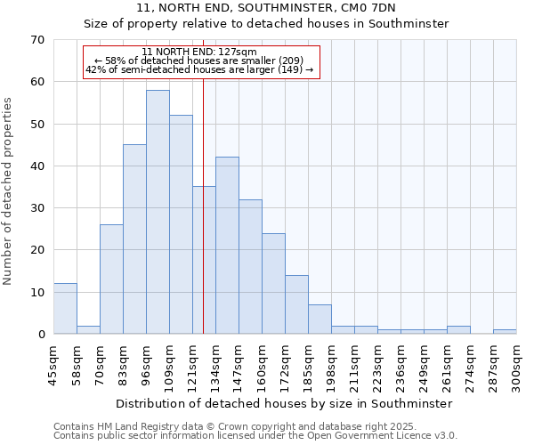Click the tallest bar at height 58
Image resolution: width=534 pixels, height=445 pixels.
coord(158,212)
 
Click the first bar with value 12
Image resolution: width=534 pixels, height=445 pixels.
coord(65,309)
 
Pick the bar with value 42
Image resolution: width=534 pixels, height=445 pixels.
coord(227,246)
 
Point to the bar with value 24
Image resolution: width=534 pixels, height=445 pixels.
coord(273,283)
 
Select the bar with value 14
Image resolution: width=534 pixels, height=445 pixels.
coord(296,304)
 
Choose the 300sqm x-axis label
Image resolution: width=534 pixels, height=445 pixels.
coord(516,365)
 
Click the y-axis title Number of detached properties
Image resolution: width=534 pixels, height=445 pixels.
coord(8,191)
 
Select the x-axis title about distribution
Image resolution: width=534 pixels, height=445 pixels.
coord(284,403)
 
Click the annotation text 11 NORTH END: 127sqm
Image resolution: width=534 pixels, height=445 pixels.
coord(199,53)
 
